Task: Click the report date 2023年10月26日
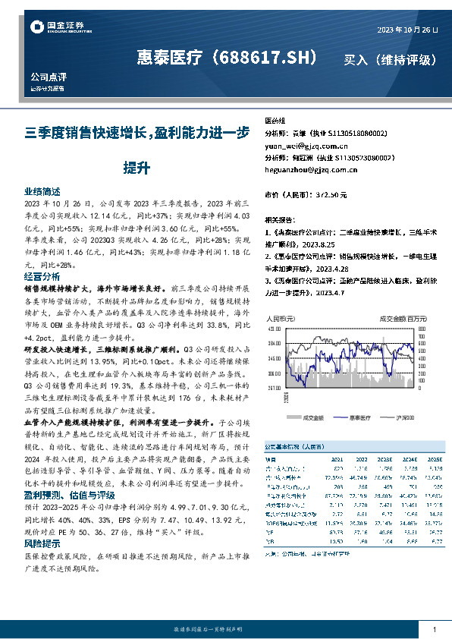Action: [x=407, y=29]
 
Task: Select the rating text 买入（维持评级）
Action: [x=389, y=59]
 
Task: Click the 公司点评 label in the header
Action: [x=45, y=77]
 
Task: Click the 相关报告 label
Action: [x=281, y=217]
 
